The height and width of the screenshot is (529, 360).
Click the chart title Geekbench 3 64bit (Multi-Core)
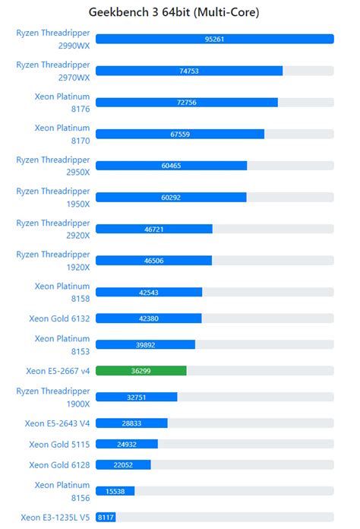tap(179, 12)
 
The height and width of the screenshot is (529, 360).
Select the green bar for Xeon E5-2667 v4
tap(141, 371)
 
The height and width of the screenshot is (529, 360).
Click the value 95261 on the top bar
tap(214, 39)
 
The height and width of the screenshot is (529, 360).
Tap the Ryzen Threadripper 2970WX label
tap(53, 71)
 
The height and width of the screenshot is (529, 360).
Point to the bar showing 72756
tap(187, 103)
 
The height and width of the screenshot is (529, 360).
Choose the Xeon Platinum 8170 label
tap(62, 134)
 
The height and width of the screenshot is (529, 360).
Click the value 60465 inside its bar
tap(171, 166)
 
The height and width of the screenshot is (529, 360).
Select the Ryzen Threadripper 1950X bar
tap(171, 198)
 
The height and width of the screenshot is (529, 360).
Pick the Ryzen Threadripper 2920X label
tap(53, 229)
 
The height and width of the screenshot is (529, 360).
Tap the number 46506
tap(153, 261)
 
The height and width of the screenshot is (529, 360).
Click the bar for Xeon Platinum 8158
tap(149, 293)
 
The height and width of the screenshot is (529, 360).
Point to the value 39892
tap(145, 344)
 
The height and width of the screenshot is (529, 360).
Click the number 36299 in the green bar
tap(141, 371)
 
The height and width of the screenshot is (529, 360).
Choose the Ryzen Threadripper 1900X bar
tap(137, 397)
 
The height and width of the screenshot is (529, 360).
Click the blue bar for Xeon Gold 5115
tap(127, 444)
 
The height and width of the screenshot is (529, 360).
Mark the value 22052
tap(123, 465)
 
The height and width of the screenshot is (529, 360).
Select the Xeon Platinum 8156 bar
tap(115, 491)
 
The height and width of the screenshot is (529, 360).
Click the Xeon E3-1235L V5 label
tap(55, 518)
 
